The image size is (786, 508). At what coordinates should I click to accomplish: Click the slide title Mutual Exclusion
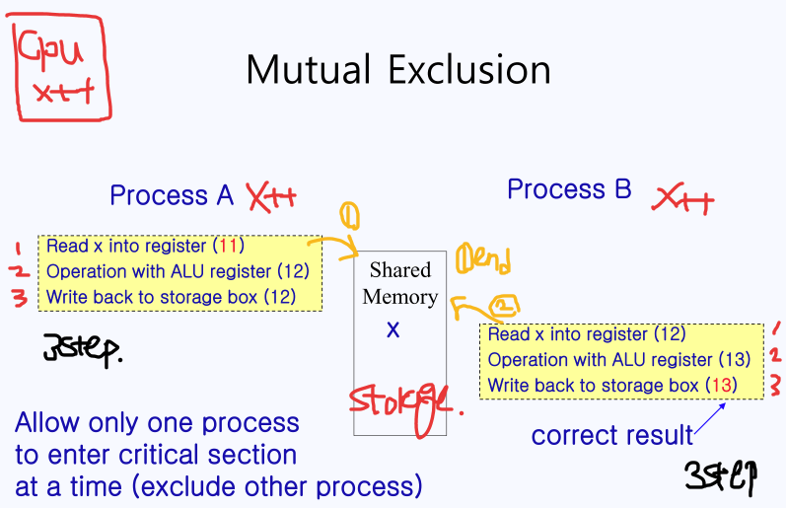point(397,70)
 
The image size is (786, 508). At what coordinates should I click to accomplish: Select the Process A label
point(172,195)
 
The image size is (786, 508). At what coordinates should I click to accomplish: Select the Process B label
point(568,189)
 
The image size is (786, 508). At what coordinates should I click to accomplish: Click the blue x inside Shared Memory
point(393,330)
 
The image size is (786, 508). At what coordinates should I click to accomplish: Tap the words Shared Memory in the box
point(399,283)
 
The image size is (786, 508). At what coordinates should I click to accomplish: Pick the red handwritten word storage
point(400,402)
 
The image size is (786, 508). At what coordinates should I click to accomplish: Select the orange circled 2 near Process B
point(503,307)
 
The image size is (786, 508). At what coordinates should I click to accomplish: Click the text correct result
point(611,435)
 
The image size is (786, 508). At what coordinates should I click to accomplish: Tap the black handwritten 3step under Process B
point(721,476)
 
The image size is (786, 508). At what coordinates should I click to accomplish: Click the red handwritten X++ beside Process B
point(682,201)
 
